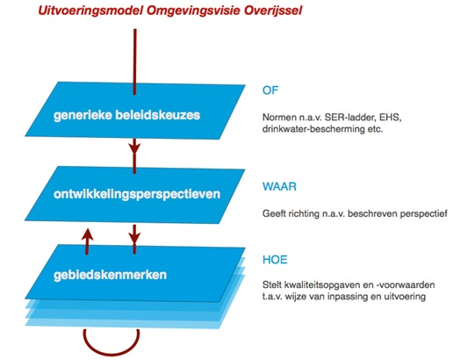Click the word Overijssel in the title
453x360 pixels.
[x=273, y=11]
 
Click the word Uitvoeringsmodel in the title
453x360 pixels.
[x=90, y=11]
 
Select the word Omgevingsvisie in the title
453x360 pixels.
[x=193, y=11]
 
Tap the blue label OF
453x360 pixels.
[x=270, y=90]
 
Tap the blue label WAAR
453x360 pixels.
[x=279, y=186]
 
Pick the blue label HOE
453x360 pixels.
[x=275, y=260]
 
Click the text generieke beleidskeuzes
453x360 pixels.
[x=126, y=115]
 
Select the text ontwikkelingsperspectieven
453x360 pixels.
[x=137, y=194]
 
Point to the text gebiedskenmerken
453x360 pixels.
[x=110, y=275]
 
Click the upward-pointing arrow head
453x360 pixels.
[x=87, y=234]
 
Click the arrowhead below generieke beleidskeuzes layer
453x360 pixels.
[x=134, y=148]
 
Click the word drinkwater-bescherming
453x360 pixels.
[x=313, y=129]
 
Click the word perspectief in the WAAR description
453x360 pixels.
[x=423, y=213]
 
